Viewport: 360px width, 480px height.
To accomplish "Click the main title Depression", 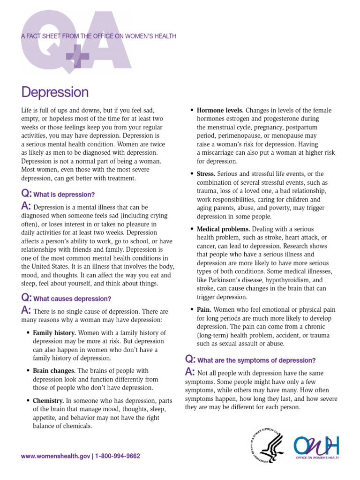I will click(x=55, y=92).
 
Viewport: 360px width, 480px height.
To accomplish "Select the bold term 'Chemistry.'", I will click(x=48, y=401).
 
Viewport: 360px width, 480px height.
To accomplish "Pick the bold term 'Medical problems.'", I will click(x=223, y=229).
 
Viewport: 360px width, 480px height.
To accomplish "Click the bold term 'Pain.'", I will click(x=204, y=310).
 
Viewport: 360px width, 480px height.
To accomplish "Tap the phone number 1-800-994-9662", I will click(x=118, y=456).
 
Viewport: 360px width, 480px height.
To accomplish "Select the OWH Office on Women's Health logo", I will click(x=316, y=448).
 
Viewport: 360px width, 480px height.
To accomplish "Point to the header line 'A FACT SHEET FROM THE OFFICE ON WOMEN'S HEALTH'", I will click(x=98, y=37).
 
